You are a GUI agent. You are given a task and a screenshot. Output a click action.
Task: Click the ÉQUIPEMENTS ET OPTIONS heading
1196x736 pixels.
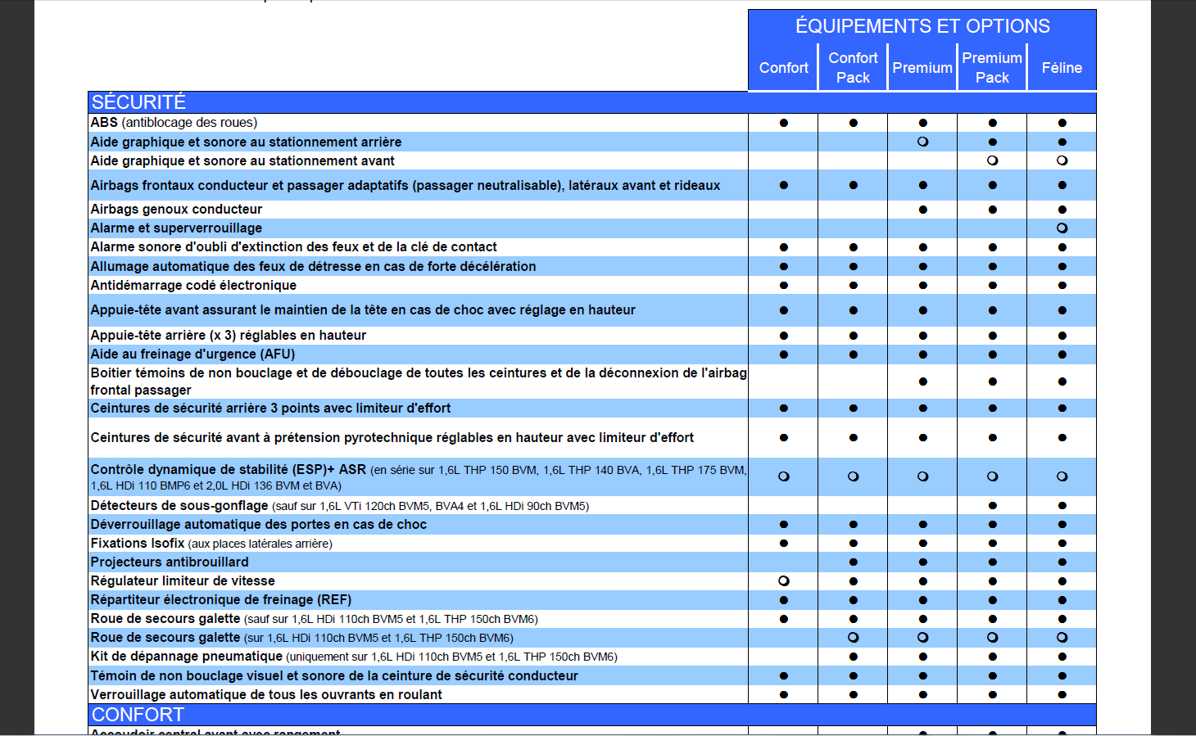[922, 26]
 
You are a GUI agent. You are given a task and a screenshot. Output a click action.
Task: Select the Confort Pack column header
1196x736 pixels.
[853, 68]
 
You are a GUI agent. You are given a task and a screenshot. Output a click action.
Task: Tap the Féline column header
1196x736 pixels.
[1062, 68]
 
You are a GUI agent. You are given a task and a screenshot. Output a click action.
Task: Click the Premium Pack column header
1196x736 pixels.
[992, 68]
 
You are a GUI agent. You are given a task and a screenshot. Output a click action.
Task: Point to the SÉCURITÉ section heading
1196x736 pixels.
[138, 102]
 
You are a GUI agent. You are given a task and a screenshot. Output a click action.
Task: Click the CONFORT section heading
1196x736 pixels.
[138, 715]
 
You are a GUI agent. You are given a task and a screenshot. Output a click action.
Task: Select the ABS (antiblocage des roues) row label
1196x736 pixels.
[174, 123]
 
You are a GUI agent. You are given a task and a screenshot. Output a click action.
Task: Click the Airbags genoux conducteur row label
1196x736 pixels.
[176, 210]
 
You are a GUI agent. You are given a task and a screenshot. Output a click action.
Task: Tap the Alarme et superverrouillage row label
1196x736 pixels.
[176, 228]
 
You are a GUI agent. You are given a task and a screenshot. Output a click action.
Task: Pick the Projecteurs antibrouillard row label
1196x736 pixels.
[170, 562]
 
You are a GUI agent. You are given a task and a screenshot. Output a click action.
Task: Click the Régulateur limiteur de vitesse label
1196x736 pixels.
[183, 581]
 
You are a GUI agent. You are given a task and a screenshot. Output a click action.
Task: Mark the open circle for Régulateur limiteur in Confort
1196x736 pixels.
[784, 581]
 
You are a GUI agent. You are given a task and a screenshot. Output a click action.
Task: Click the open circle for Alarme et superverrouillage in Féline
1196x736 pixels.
[1062, 228]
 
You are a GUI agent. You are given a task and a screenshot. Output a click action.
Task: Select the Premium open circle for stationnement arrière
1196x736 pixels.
[923, 142]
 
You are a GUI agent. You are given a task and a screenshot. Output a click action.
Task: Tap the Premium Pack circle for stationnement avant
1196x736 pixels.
[993, 160]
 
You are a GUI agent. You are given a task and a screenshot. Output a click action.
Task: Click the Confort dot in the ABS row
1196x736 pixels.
[784, 123]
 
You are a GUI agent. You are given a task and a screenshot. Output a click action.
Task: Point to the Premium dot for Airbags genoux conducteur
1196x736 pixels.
[923, 210]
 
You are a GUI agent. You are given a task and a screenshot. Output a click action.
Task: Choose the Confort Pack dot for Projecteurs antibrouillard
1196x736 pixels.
[854, 562]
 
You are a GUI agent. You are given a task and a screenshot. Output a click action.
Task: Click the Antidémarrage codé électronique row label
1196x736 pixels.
[193, 286]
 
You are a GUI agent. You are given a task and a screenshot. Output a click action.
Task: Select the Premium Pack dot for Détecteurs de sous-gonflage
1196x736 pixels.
[993, 506]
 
